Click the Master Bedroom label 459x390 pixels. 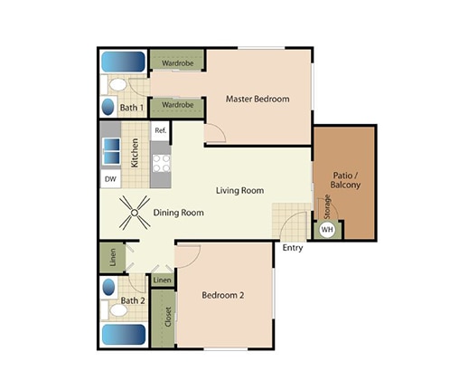coord(258,99)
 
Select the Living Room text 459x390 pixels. coord(239,190)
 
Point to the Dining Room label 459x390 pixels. coord(178,213)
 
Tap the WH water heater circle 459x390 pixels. coord(326,230)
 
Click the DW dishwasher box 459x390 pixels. coord(110,179)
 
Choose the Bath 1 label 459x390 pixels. coord(133,108)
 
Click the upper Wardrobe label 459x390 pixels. coord(177,63)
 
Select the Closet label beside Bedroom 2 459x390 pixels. coord(168,318)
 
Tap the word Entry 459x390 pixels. coord(292,248)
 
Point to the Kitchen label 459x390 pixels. coord(135,152)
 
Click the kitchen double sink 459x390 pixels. coord(110,150)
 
